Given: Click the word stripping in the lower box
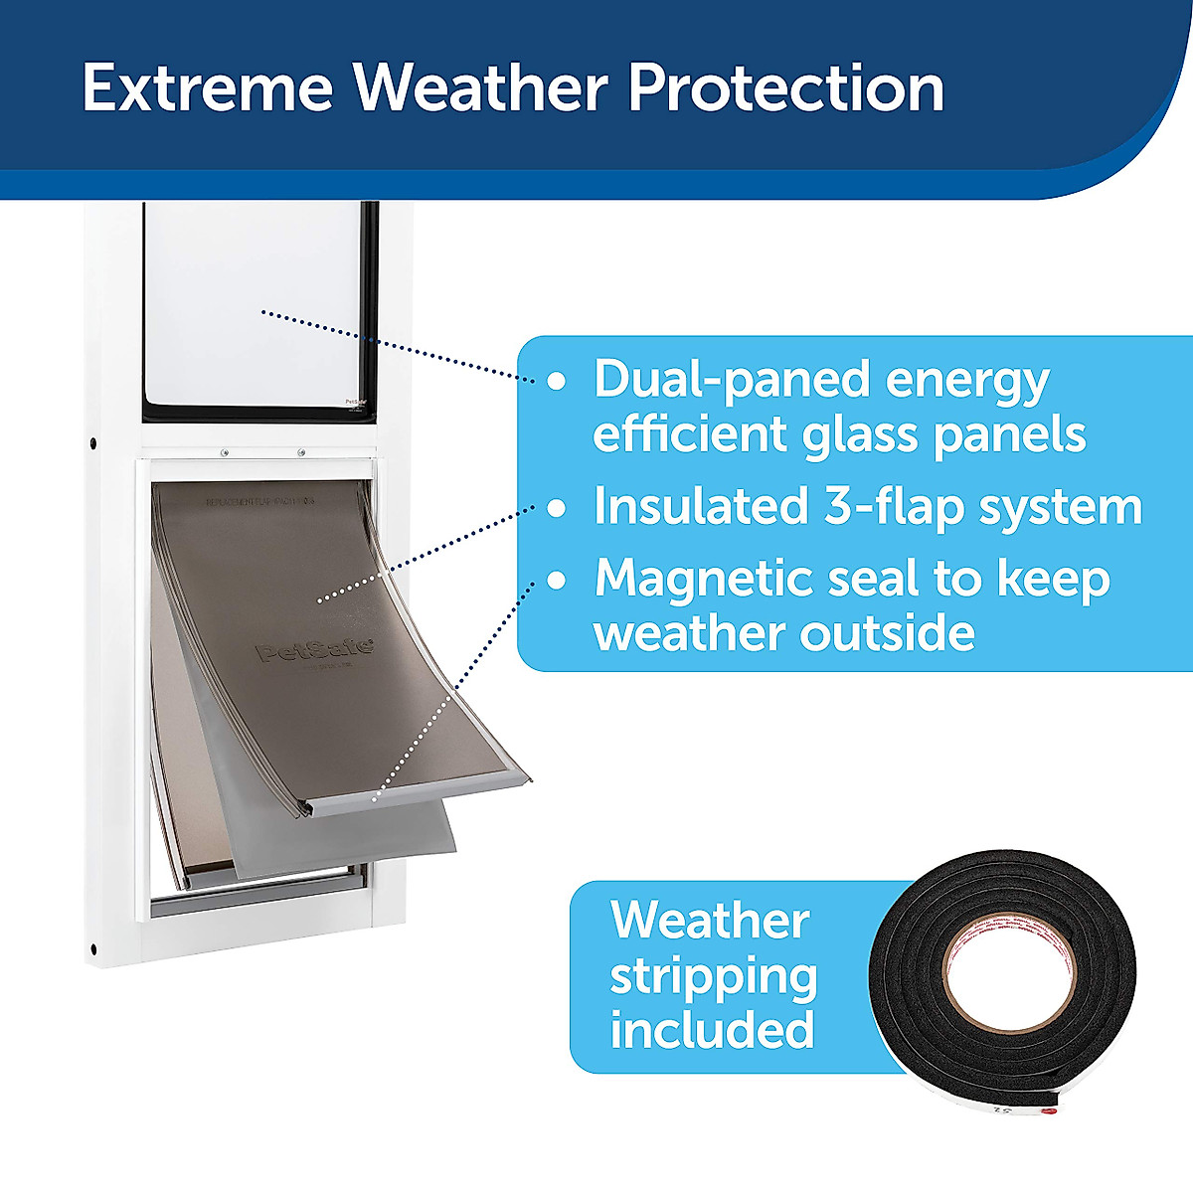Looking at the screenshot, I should pyautogui.click(x=713, y=975).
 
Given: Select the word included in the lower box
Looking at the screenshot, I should pyautogui.click(x=712, y=1029).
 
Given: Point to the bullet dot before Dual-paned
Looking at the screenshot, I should pyautogui.click(x=558, y=381).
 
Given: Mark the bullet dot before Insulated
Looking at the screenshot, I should pyautogui.click(x=558, y=508).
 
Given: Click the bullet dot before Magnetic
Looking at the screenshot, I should pyautogui.click(x=558, y=580).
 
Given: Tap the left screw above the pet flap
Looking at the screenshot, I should pyautogui.click(x=224, y=453).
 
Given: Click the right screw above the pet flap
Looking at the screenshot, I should pyautogui.click(x=301, y=453).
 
